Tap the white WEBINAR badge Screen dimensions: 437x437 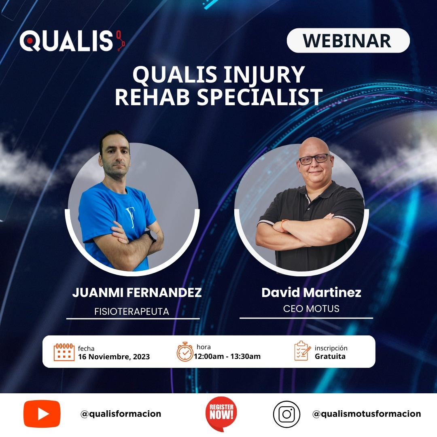coord(348,40)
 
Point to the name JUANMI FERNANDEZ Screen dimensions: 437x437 coord(137,293)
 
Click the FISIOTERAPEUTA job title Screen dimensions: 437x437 coord(132,312)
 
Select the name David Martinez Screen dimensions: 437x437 coord(311,293)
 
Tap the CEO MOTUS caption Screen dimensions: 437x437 coord(311,309)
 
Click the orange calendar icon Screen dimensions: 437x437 coord(64,352)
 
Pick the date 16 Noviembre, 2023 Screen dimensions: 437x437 coord(114,357)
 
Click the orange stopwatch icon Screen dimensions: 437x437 coord(185,352)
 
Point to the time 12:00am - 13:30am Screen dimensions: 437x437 coord(227,356)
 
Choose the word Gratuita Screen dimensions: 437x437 coord(330,356)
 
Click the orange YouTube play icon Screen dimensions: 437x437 coord(42,414)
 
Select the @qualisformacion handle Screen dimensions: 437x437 coord(121,414)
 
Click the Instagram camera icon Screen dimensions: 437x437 coord(286,414)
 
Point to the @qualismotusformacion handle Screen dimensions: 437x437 coord(367,414)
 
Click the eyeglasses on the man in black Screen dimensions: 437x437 coord(315,159)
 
